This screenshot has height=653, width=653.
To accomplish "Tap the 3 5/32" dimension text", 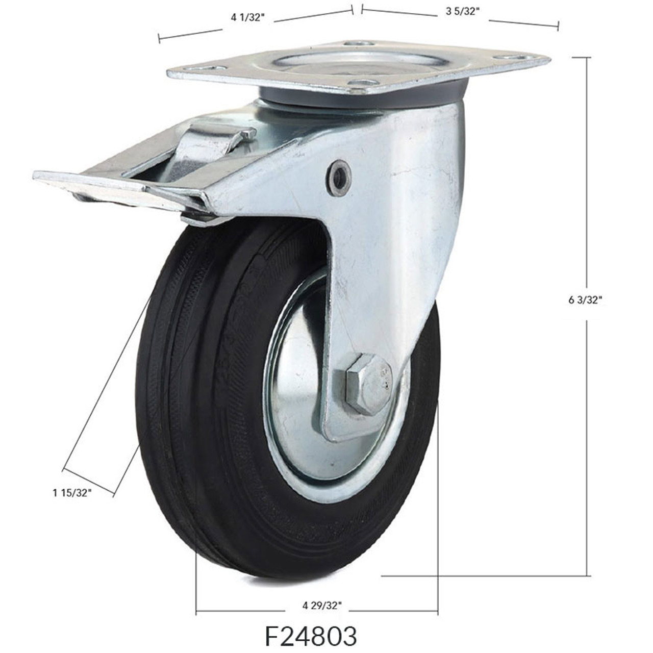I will tap(459, 12).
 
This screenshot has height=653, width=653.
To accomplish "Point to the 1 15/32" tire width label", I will tap(71, 492).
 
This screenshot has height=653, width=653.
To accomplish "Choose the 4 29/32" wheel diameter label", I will tap(321, 606).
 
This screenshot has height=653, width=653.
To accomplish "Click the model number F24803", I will tap(311, 636).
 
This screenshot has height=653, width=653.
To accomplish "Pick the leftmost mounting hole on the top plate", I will tap(211, 68).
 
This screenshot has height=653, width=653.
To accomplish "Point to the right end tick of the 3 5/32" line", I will tap(559, 26).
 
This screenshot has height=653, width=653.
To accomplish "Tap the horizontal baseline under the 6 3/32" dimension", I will tap(485, 576).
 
